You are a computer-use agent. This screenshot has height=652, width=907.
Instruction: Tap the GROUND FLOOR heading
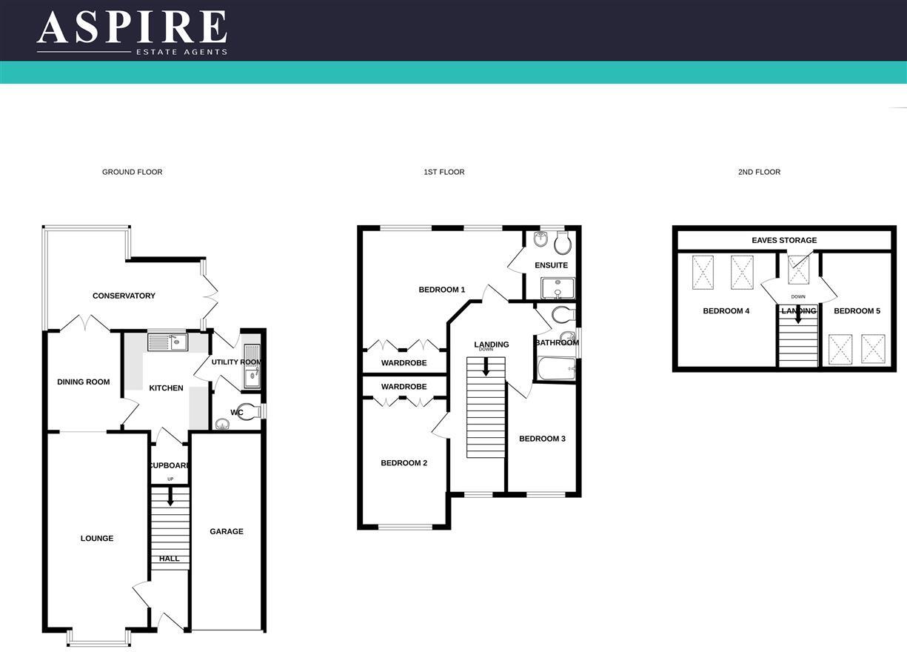[132, 172]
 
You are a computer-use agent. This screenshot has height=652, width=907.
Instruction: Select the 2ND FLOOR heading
[759, 172]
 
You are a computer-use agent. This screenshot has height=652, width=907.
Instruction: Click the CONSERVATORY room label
[124, 296]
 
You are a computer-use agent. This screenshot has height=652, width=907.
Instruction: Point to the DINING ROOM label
[83, 382]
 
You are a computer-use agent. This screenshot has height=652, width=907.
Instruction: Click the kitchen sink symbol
[168, 342]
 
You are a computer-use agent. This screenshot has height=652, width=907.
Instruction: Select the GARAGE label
[226, 531]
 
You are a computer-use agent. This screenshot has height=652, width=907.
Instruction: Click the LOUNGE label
[97, 539]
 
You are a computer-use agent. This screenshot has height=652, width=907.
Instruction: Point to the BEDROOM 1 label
[442, 290]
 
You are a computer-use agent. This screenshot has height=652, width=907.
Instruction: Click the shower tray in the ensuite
[557, 287]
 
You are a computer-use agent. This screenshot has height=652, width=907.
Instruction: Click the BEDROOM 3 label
[542, 439]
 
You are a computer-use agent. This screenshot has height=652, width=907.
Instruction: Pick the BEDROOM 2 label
[404, 463]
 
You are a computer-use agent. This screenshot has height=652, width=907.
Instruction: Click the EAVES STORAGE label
[784, 240]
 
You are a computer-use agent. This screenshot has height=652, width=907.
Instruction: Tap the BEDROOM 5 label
[857, 311]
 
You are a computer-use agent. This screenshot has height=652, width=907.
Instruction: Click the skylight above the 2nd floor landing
[799, 269]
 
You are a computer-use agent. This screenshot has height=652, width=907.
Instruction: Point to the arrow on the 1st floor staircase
[486, 367]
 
